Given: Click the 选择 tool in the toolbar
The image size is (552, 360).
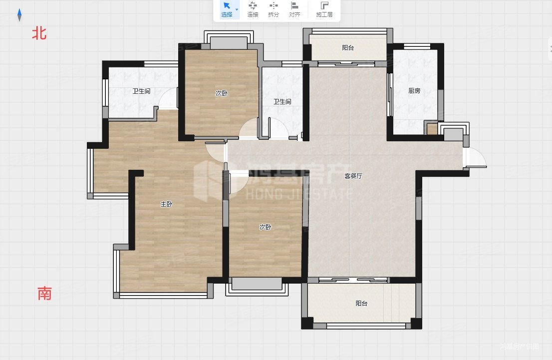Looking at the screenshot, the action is coord(227,9).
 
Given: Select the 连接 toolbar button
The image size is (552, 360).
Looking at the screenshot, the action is coord(253,9).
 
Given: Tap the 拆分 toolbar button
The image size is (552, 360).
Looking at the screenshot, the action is coord(274,9).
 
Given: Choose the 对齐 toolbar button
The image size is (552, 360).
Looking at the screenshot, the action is coord(294,9).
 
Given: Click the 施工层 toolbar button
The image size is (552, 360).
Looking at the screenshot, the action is coord(324,9).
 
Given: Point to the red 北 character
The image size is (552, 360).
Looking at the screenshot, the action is coord(39,33).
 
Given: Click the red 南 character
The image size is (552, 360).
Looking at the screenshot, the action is coord(45,293).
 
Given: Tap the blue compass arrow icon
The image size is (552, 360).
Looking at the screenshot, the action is coord(19,15).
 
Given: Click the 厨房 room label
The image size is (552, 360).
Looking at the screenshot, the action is coord(414,90).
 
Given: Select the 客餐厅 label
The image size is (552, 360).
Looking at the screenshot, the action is coord(353,176).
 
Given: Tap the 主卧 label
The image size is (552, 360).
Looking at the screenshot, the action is coord(167,204).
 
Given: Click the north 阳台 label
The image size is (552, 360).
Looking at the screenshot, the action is coord(348,47).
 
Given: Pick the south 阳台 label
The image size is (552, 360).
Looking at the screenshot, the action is coord(361,303).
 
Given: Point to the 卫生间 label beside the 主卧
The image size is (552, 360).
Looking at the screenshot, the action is coord(142,91).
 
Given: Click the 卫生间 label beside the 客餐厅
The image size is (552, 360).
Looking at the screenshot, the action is coord(282,102).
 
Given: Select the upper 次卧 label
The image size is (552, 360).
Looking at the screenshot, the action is coord(222,93).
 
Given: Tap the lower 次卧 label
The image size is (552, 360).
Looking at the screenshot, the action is coord(266,227).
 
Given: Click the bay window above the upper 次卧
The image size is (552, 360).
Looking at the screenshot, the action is coord(229,40).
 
